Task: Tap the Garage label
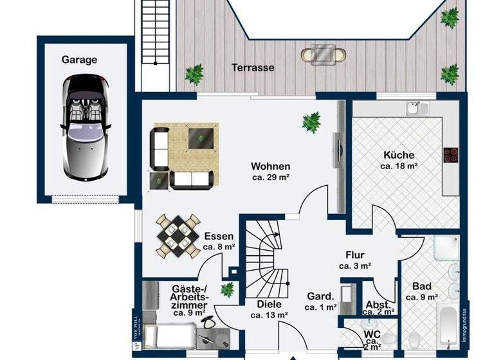coord(79,60)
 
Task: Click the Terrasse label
coord(253,67)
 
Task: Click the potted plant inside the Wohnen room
coord(312,122)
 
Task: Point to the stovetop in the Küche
coord(450,155)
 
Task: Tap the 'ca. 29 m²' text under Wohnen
coord(270,177)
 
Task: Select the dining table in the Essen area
coord(178,236)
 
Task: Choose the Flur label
coord(354,254)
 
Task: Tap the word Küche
coord(399,155)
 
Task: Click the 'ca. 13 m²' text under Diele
coord(269,315)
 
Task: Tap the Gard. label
coord(320,297)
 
